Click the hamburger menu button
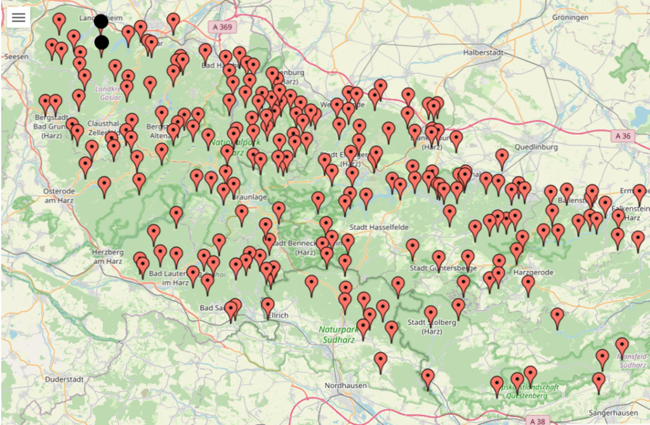18,18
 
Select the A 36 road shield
625,136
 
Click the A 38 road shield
537,420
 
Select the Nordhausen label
344,385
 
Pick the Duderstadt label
65,379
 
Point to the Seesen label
16,56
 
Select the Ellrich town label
277,315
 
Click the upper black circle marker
101,22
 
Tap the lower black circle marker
102,43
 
